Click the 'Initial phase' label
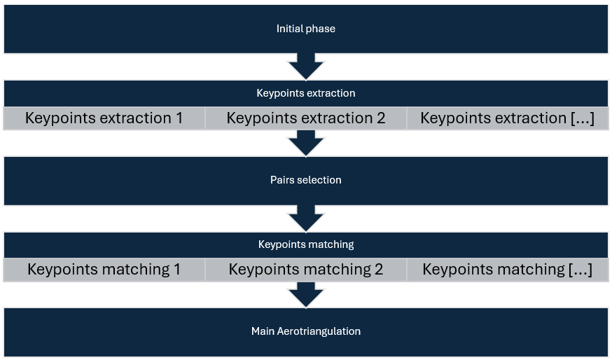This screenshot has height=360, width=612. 305,29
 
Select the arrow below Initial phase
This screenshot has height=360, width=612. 306,67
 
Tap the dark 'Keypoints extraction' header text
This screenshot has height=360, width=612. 306,93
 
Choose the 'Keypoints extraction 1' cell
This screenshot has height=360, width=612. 104,118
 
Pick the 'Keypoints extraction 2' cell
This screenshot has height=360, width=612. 306,118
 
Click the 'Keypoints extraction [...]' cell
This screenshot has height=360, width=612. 507,118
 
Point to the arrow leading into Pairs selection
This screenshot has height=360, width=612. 306,144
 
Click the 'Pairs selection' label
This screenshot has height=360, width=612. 306,180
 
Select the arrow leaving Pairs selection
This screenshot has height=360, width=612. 306,219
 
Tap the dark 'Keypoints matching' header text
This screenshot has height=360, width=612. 306,244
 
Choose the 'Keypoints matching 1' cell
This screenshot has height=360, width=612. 104,269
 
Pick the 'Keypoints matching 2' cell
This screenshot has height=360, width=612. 306,269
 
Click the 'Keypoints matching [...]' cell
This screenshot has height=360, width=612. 507,269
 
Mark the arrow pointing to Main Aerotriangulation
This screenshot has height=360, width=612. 306,295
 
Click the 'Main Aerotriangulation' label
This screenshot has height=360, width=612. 306,331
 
